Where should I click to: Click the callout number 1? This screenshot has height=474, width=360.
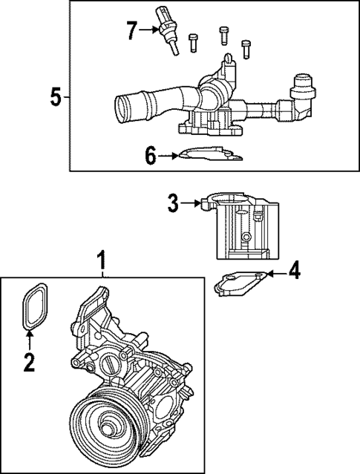102,261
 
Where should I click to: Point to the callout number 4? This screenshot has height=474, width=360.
295,271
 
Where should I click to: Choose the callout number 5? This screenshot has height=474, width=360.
53,97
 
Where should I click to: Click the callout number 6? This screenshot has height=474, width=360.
151,156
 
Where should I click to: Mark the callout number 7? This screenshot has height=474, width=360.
131,31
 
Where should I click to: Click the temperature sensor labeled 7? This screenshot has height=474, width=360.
166,31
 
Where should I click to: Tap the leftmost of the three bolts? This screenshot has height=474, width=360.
194,42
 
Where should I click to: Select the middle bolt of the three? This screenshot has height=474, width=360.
223,35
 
